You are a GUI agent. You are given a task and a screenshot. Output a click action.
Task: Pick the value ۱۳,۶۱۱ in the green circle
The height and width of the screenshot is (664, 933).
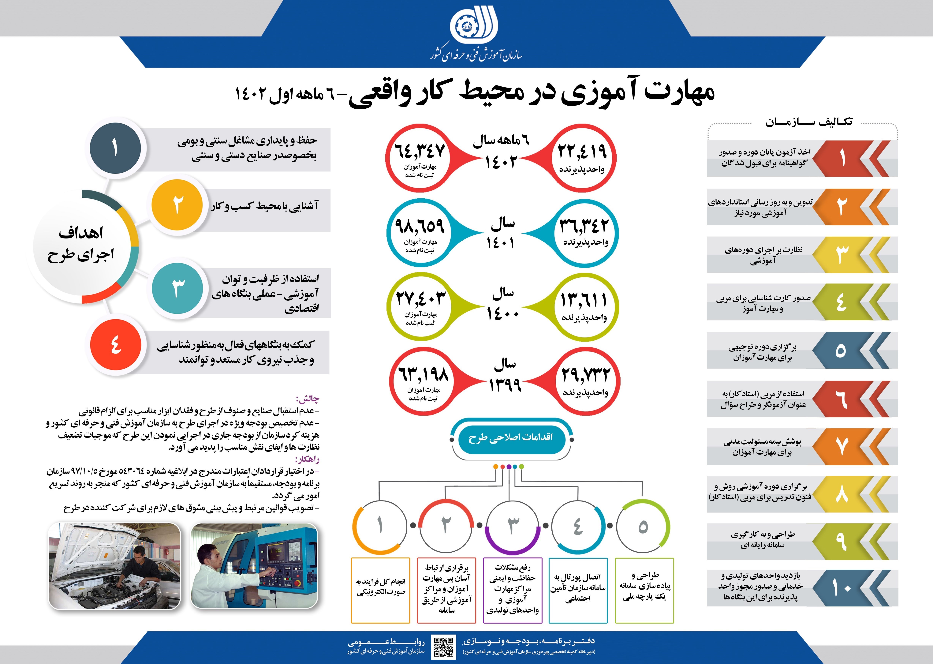[584, 301]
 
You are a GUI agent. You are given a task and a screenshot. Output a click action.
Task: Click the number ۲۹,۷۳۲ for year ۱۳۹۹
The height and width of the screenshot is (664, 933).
[585, 374]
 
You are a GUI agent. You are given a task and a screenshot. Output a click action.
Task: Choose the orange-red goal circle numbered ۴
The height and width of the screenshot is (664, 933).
[116, 345]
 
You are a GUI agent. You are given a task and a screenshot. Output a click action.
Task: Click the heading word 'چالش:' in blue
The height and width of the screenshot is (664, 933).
[307, 399]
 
